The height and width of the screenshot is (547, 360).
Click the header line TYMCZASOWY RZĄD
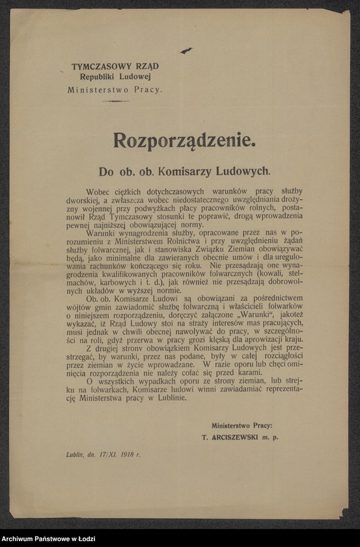[115, 66]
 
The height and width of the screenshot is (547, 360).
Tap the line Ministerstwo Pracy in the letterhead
[115, 90]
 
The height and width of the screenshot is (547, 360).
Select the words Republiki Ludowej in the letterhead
[115, 78]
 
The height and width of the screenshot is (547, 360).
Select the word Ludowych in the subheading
[245, 171]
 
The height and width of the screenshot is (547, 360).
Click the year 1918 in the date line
[126, 455]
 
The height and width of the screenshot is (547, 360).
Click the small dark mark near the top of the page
[186, 50]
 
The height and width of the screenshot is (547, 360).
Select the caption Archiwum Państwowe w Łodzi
[49, 537]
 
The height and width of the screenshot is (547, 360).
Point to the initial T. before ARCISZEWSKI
[205, 438]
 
